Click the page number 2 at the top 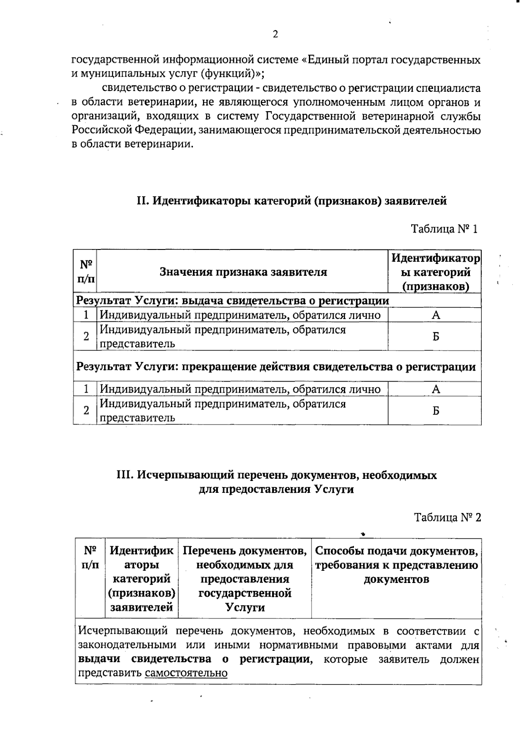[x=275, y=35]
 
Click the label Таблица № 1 [x=444, y=228]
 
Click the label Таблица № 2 [x=447, y=517]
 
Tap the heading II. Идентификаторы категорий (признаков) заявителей [x=292, y=201]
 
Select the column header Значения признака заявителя [x=243, y=272]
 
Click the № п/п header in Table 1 [x=85, y=271]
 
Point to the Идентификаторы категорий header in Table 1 [x=435, y=272]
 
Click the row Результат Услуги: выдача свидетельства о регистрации [x=233, y=301]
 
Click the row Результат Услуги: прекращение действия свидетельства [x=276, y=366]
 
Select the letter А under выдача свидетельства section [x=436, y=315]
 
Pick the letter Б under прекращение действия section [x=436, y=411]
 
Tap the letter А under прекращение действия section [x=436, y=389]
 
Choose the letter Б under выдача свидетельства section [x=436, y=337]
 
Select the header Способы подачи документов [x=396, y=565]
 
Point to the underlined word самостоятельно [x=186, y=673]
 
